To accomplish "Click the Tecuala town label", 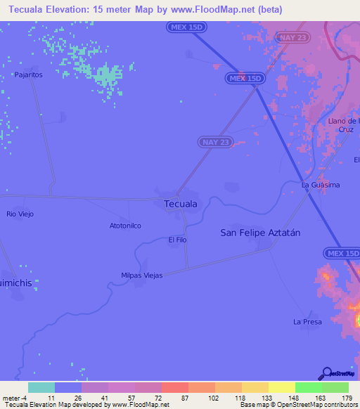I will coord(180,204).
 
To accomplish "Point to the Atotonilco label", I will coord(125,226).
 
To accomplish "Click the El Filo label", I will coord(177,240).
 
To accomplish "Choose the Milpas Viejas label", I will coord(142,275).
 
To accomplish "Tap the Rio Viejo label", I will coord(20,214).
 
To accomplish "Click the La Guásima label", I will coord(321,185).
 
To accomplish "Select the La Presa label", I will coord(307,322).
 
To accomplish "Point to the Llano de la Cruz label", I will coord(344,125).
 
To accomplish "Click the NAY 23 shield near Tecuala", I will coord(214,142).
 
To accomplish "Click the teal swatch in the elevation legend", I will coord(41,387).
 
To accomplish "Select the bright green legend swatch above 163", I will coord(309,387).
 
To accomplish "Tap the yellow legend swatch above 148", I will coord(282,387).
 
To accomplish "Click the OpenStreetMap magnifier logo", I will coord(326,374).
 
